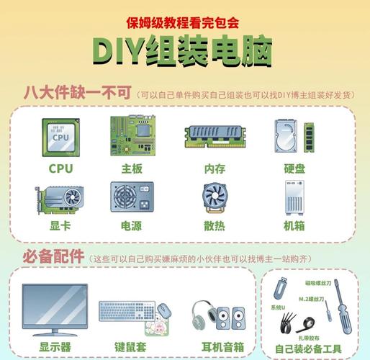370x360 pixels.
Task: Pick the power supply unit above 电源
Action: tap(132, 197)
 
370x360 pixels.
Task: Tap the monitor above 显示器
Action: tap(55, 309)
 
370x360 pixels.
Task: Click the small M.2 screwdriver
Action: tap(328, 310)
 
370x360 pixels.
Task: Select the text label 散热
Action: tap(215, 225)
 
